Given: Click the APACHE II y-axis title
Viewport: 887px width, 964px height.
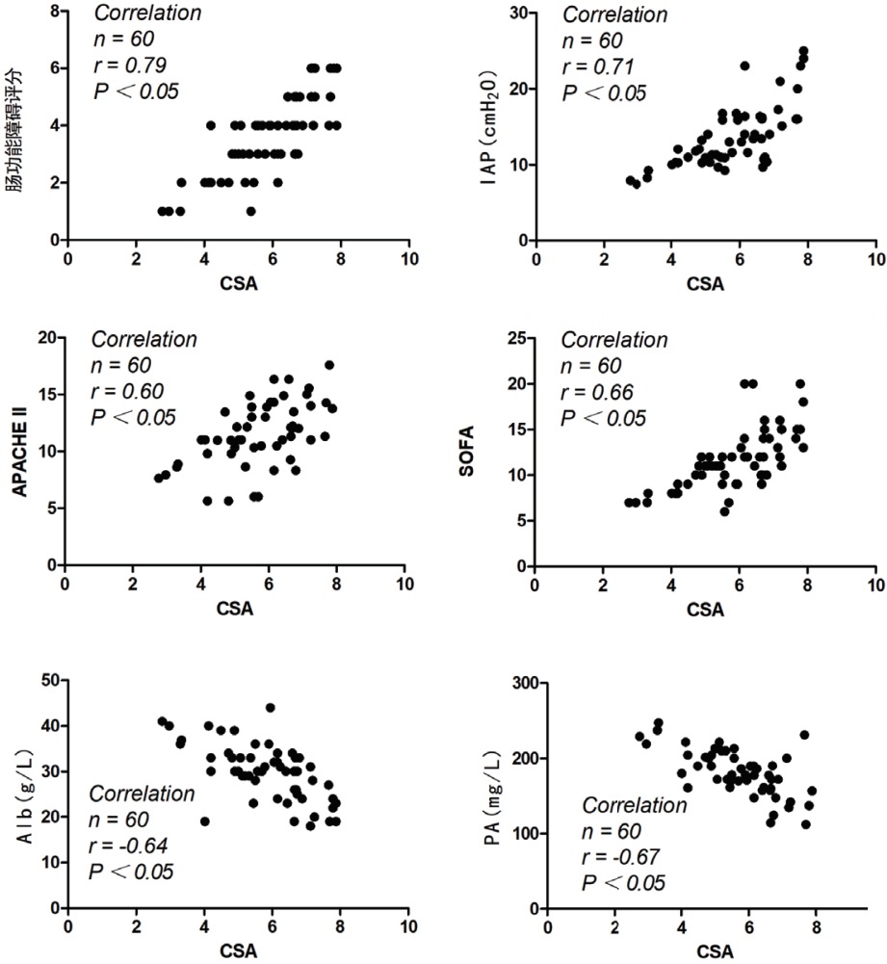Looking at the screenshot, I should point(17,450).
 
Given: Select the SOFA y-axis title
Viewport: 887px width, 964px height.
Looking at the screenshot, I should point(491,450).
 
